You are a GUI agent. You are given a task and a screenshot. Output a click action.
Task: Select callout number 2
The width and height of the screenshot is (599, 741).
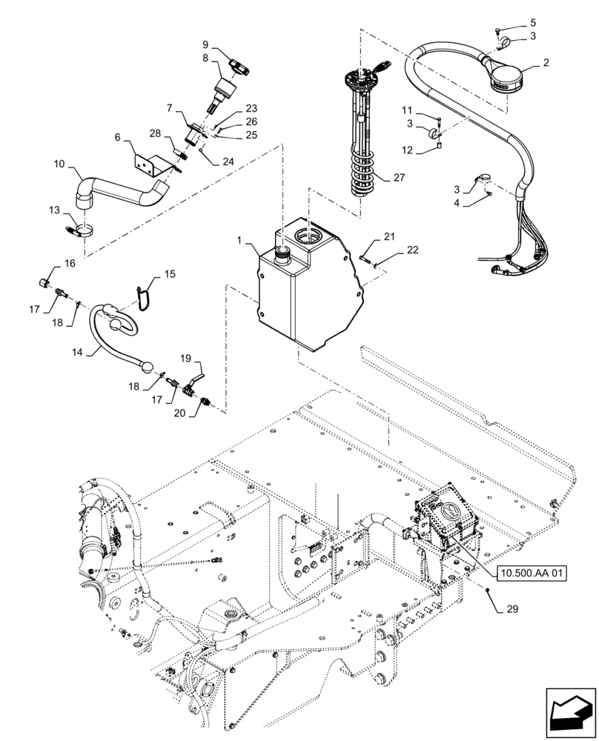click(x=546, y=64)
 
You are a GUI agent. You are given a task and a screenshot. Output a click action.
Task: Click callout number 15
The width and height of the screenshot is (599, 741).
click(x=170, y=274)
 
